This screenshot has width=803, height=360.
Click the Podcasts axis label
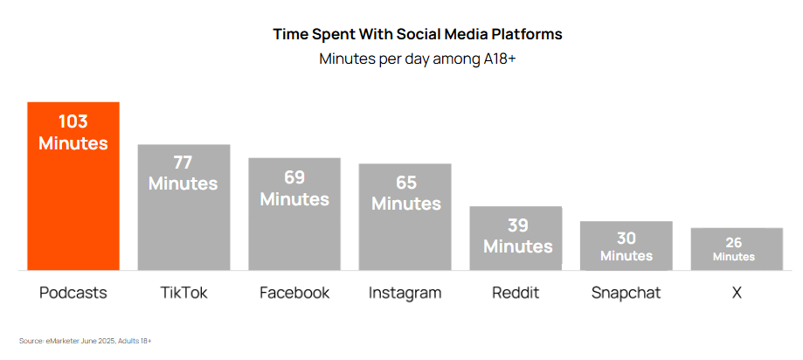(x=73, y=293)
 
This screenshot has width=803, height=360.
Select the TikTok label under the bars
(x=183, y=293)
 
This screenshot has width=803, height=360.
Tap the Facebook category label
(x=294, y=293)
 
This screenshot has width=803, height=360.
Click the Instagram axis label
(x=405, y=293)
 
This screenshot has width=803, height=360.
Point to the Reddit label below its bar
(x=516, y=293)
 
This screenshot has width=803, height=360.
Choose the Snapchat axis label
(x=626, y=293)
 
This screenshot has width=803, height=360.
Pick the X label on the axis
(x=737, y=293)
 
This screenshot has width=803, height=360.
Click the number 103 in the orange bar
(x=73, y=121)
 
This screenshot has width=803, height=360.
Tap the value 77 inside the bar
(x=183, y=163)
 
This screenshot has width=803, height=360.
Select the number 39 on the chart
(x=517, y=225)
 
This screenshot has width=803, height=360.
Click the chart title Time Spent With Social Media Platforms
(x=418, y=34)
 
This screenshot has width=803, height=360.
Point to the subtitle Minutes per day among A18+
(x=418, y=59)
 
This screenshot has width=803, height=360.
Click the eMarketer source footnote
(x=86, y=340)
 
